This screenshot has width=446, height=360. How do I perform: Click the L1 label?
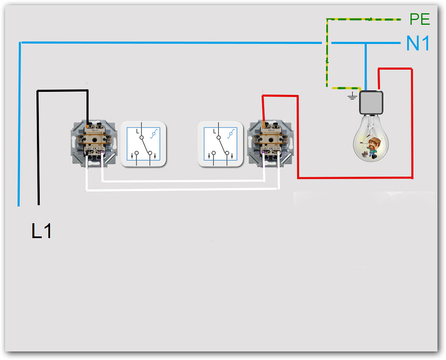click(42, 231)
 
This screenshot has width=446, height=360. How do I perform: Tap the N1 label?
click(418, 44)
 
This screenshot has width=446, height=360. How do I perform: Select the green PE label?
click(419, 19)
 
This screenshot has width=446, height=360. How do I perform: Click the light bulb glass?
click(371, 139)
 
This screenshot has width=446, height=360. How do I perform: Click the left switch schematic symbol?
click(143, 144)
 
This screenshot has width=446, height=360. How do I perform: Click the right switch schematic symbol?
click(220, 144)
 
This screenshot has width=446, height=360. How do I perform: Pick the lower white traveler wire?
click(183, 189)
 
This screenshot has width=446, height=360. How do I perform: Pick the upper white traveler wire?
click(183, 181)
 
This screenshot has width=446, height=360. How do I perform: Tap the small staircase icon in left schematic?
click(153, 134)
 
